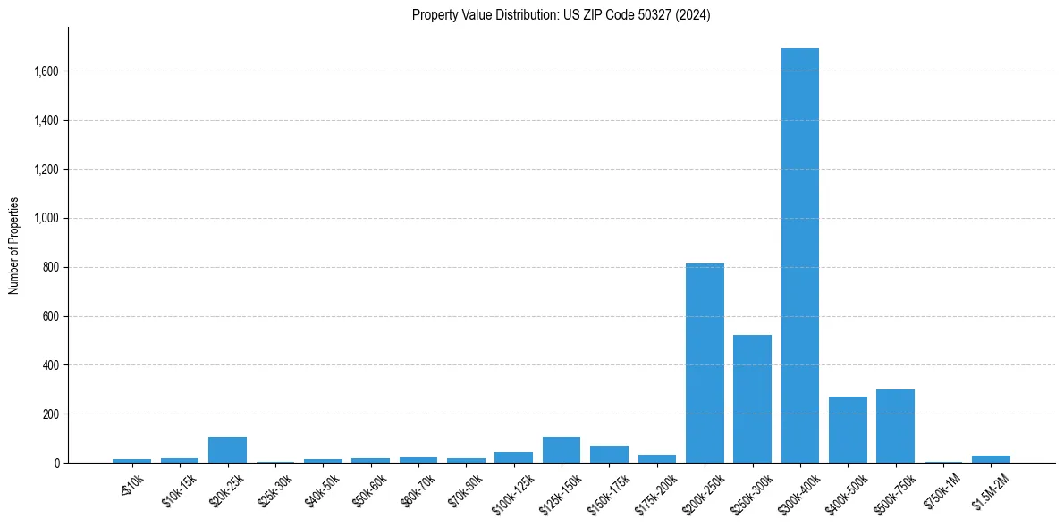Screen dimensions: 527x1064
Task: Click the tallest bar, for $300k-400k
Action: [799, 255]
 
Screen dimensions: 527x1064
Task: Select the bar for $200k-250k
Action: [705, 364]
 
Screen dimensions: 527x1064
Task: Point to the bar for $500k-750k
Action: [895, 426]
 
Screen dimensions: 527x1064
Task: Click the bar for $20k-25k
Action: [227, 450]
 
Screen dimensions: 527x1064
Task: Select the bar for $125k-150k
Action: [562, 450]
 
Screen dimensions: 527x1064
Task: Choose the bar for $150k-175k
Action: [609, 455]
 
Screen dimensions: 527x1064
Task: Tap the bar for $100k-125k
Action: [513, 457]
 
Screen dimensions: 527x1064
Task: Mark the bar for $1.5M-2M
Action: [991, 459]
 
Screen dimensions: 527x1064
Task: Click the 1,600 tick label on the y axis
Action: [46, 71]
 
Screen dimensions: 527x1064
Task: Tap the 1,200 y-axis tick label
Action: [46, 170]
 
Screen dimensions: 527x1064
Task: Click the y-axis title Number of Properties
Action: [14, 246]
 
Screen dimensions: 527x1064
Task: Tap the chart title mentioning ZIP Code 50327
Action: [561, 15]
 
